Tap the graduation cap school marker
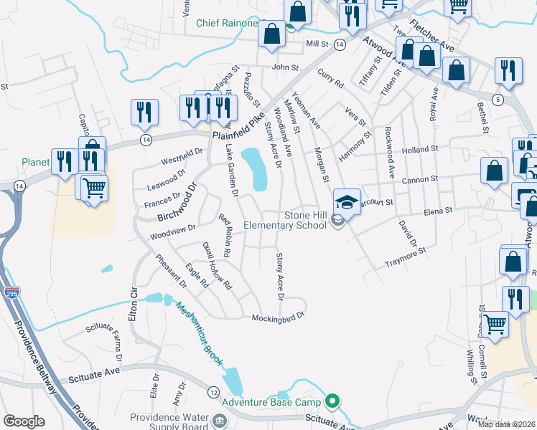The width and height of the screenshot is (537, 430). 347,202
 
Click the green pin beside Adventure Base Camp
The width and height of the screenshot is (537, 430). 332,401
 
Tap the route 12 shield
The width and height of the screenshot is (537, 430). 213,392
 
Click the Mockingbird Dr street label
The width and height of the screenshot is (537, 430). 279,315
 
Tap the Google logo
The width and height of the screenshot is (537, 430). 24,421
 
